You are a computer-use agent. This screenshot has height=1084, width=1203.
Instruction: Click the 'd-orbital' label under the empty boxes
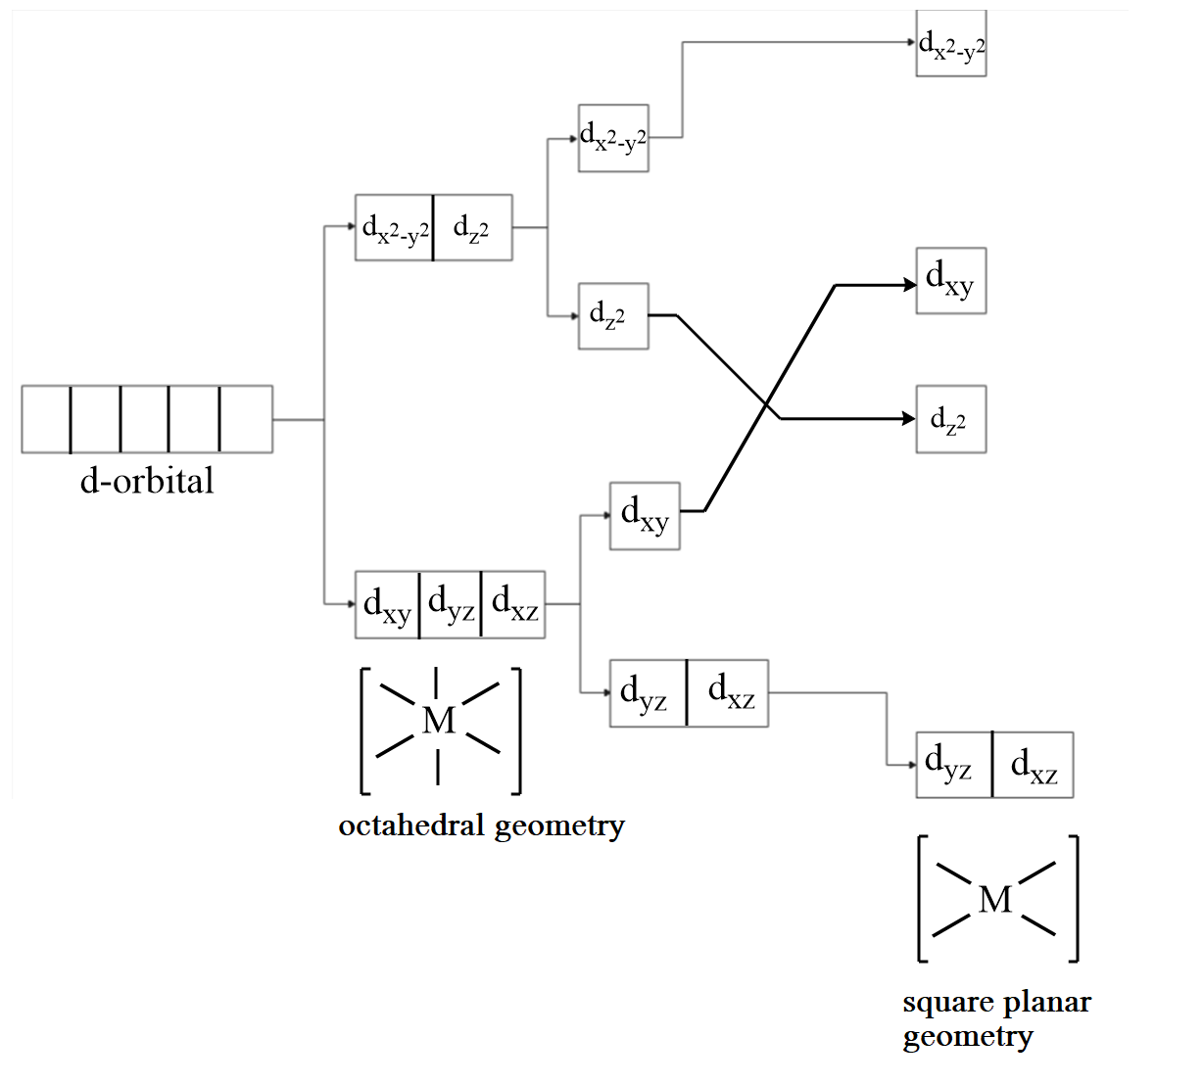[147, 481]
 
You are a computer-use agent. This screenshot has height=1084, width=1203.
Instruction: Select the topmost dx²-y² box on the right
[951, 44]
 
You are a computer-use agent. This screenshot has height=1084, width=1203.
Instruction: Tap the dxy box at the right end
[950, 281]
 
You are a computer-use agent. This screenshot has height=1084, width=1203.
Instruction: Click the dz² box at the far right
[950, 420]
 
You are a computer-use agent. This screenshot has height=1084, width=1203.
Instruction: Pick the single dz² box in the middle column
[613, 316]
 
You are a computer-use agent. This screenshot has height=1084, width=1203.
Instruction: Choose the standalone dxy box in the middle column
[645, 516]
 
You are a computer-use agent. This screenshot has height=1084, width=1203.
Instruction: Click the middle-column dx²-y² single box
[613, 138]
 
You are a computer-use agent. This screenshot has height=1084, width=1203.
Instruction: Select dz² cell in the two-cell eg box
[472, 228]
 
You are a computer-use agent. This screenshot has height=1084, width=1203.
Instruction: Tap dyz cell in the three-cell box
[451, 605]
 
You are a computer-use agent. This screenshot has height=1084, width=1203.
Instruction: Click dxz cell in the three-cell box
[513, 605]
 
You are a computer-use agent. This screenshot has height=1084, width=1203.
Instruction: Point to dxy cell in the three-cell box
[387, 605]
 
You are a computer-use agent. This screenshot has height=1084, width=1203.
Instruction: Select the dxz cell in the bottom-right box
[1033, 766]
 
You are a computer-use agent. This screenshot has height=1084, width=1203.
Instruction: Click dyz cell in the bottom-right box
[953, 766]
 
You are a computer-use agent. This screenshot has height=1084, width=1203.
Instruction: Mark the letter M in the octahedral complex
[438, 721]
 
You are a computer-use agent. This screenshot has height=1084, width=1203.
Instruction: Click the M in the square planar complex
[995, 899]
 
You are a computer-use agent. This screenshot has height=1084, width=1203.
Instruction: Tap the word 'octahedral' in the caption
[411, 825]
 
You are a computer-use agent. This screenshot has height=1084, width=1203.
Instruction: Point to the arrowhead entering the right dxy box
[910, 285]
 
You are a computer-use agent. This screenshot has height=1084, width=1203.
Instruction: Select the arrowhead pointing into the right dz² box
[910, 419]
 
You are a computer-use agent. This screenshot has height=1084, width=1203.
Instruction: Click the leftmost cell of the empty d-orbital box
[46, 420]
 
